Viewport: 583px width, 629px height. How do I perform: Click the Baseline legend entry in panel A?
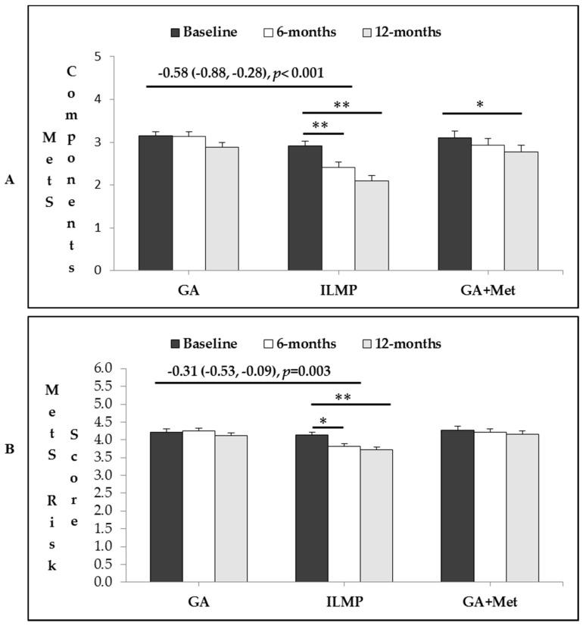pos(204,32)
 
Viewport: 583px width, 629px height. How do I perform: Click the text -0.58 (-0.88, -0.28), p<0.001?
pos(241,74)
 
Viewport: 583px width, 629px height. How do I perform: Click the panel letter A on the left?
pos(10,180)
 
